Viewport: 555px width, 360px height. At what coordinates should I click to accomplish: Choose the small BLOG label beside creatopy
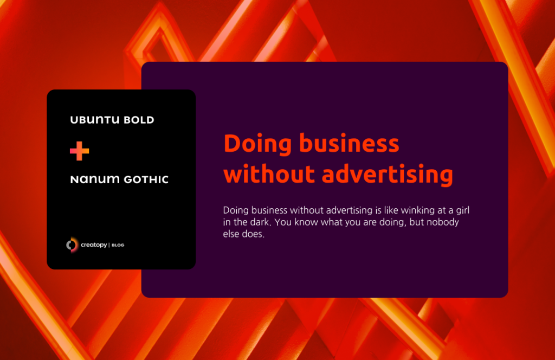[x=118, y=246]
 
